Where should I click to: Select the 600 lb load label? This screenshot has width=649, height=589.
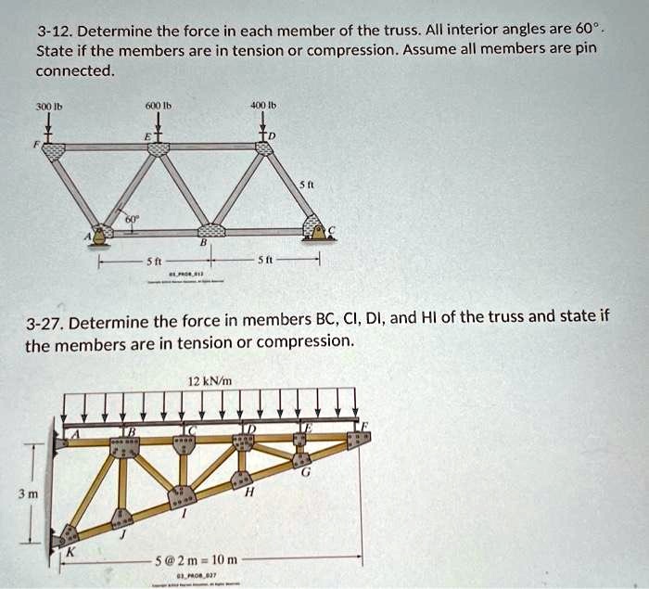click(159, 107)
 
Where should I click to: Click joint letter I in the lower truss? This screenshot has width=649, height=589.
click(186, 513)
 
